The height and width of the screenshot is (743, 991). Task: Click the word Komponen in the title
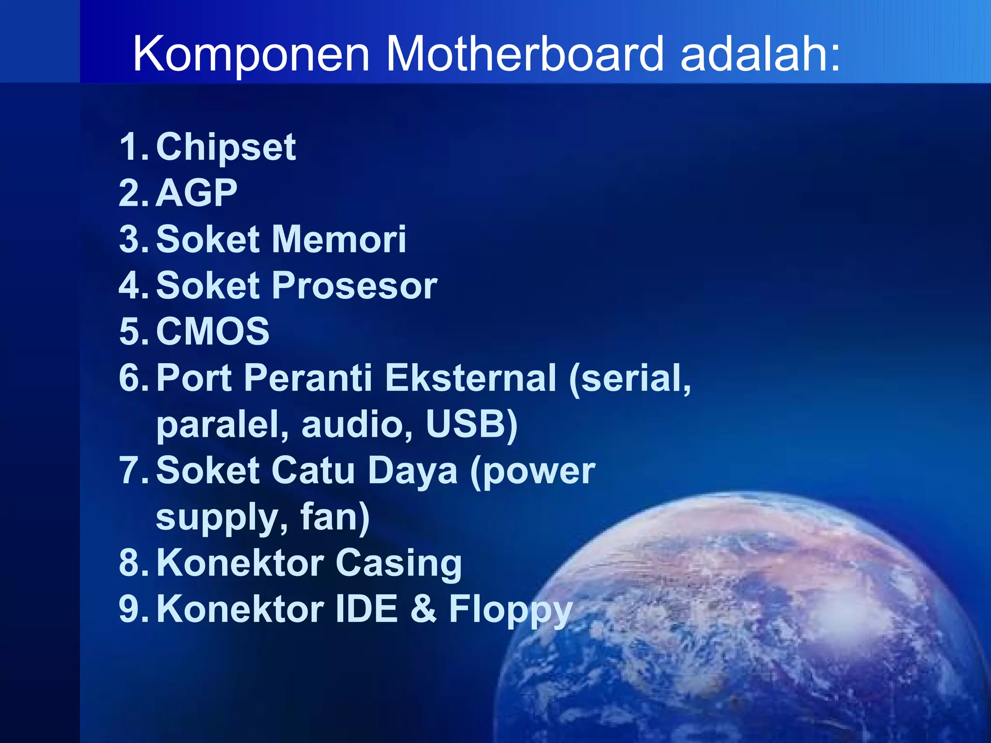(x=251, y=54)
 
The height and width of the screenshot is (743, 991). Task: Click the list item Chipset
(x=225, y=147)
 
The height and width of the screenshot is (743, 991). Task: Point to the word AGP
(x=196, y=193)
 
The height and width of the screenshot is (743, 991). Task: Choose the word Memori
(x=339, y=239)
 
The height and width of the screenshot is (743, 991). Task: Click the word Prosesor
(x=355, y=285)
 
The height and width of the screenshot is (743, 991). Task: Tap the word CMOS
(x=212, y=331)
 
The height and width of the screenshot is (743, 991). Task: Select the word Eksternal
(x=470, y=378)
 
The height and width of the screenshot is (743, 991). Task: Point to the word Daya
(x=412, y=470)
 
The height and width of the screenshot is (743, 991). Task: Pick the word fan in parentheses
(x=330, y=517)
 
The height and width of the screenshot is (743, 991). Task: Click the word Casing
(x=399, y=563)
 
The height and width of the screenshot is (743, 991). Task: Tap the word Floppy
(x=511, y=609)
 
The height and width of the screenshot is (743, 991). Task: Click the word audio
(x=357, y=424)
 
